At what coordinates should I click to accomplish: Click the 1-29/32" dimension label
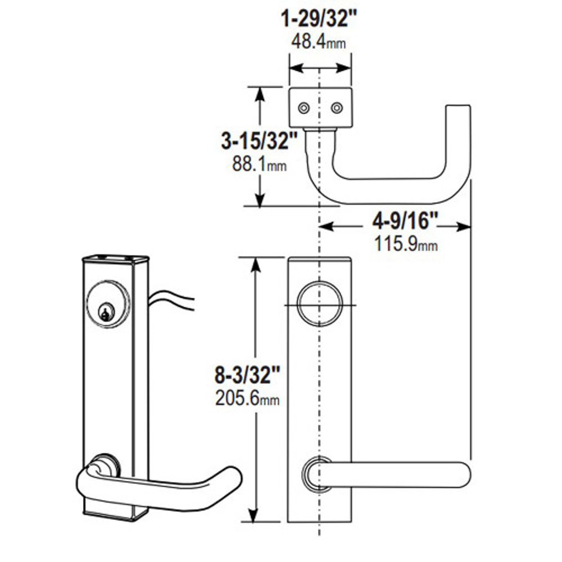pyautogui.click(x=319, y=19)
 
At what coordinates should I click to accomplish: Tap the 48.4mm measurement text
pyautogui.click(x=319, y=42)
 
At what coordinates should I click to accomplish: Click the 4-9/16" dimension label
pyautogui.click(x=405, y=221)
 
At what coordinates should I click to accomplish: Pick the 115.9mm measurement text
pyautogui.click(x=405, y=244)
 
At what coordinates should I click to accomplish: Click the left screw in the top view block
pyautogui.click(x=303, y=108)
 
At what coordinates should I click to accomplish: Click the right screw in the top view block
pyautogui.click(x=337, y=108)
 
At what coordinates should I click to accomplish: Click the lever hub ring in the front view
pyautogui.click(x=317, y=474)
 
